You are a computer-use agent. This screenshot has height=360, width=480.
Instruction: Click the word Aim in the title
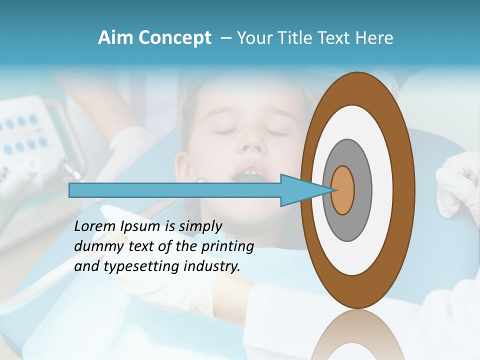(116, 38)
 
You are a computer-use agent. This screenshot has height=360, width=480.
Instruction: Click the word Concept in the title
(174, 38)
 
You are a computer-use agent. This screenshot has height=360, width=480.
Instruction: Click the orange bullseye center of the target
(343, 190)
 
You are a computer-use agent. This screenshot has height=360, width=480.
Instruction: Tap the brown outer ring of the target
(405, 190)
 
